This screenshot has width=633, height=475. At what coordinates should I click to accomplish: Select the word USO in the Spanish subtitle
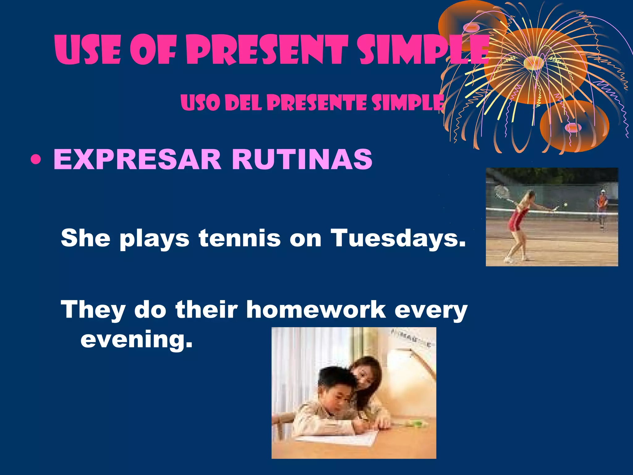click(x=199, y=102)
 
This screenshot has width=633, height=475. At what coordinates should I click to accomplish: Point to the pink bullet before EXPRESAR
click(x=36, y=160)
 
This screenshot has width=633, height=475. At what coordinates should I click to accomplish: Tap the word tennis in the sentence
click(x=240, y=238)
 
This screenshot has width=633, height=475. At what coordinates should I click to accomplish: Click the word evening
click(x=136, y=340)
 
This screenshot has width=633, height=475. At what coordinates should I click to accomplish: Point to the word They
click(x=93, y=310)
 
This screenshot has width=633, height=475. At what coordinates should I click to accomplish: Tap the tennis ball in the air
click(x=566, y=204)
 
